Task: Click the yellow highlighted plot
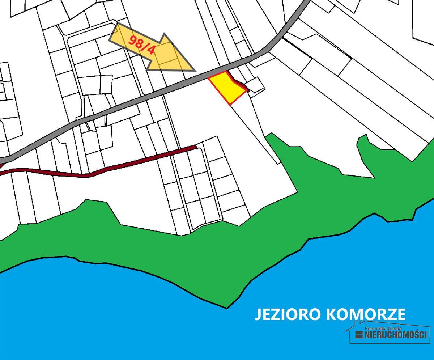pos(227,87)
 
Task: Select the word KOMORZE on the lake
pos(366,314)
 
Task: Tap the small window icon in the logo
pos(359,335)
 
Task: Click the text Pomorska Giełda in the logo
pos(383,328)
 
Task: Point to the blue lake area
pos(145,318)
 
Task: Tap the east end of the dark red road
pos(195,147)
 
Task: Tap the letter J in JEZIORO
pos(258,314)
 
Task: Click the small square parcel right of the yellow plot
pos(256,85)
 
